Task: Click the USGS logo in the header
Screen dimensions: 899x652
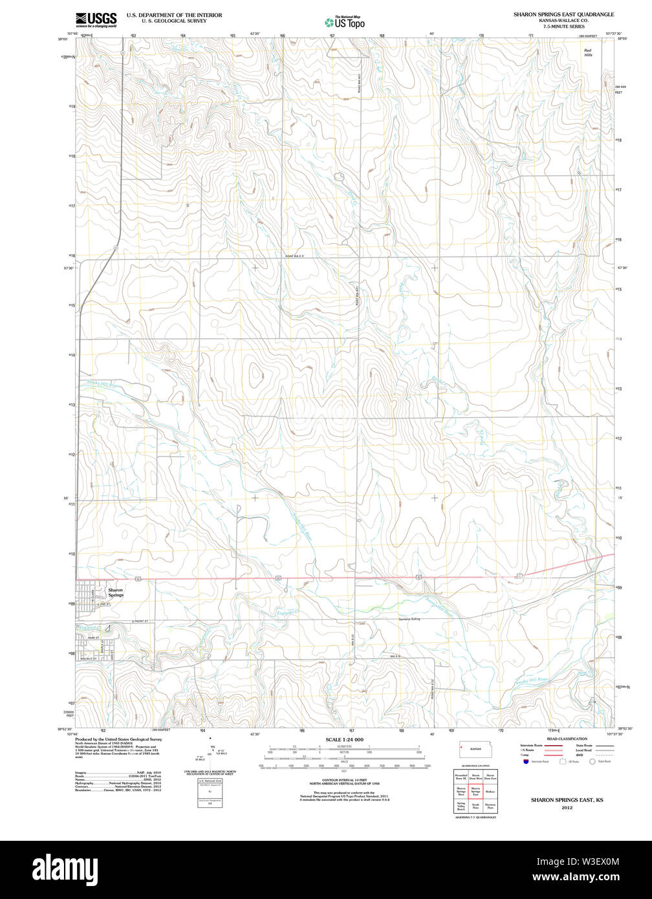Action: tap(96, 19)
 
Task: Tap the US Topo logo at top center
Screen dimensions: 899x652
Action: tap(344, 22)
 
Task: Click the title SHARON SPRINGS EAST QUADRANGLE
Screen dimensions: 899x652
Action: tap(564, 14)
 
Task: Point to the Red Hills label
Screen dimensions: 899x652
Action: tap(588, 53)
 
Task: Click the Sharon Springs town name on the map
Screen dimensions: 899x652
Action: tap(115, 592)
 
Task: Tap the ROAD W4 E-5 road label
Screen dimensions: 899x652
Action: tap(294, 256)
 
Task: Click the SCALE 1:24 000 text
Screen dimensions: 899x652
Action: tap(344, 739)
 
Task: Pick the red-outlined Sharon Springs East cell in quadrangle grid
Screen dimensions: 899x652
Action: tap(475, 790)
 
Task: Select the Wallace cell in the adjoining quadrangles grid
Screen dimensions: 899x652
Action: tap(490, 790)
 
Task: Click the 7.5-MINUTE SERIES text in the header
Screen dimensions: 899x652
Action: tap(564, 27)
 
